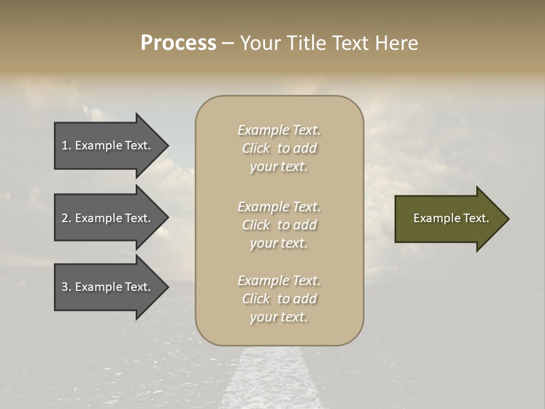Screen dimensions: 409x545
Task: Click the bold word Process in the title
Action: click(x=178, y=43)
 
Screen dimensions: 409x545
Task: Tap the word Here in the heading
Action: click(x=397, y=43)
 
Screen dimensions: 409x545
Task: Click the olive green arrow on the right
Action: click(x=448, y=219)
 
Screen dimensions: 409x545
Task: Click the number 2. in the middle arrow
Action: click(x=66, y=218)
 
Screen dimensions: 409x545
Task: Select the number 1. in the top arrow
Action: click(x=66, y=145)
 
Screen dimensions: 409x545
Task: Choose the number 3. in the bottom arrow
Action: click(x=66, y=287)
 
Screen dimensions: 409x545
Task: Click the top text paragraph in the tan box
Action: click(x=279, y=148)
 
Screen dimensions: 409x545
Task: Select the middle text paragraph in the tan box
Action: click(x=279, y=225)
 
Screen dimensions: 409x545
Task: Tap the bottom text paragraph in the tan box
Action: click(x=279, y=299)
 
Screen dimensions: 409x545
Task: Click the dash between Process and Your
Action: click(x=228, y=43)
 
